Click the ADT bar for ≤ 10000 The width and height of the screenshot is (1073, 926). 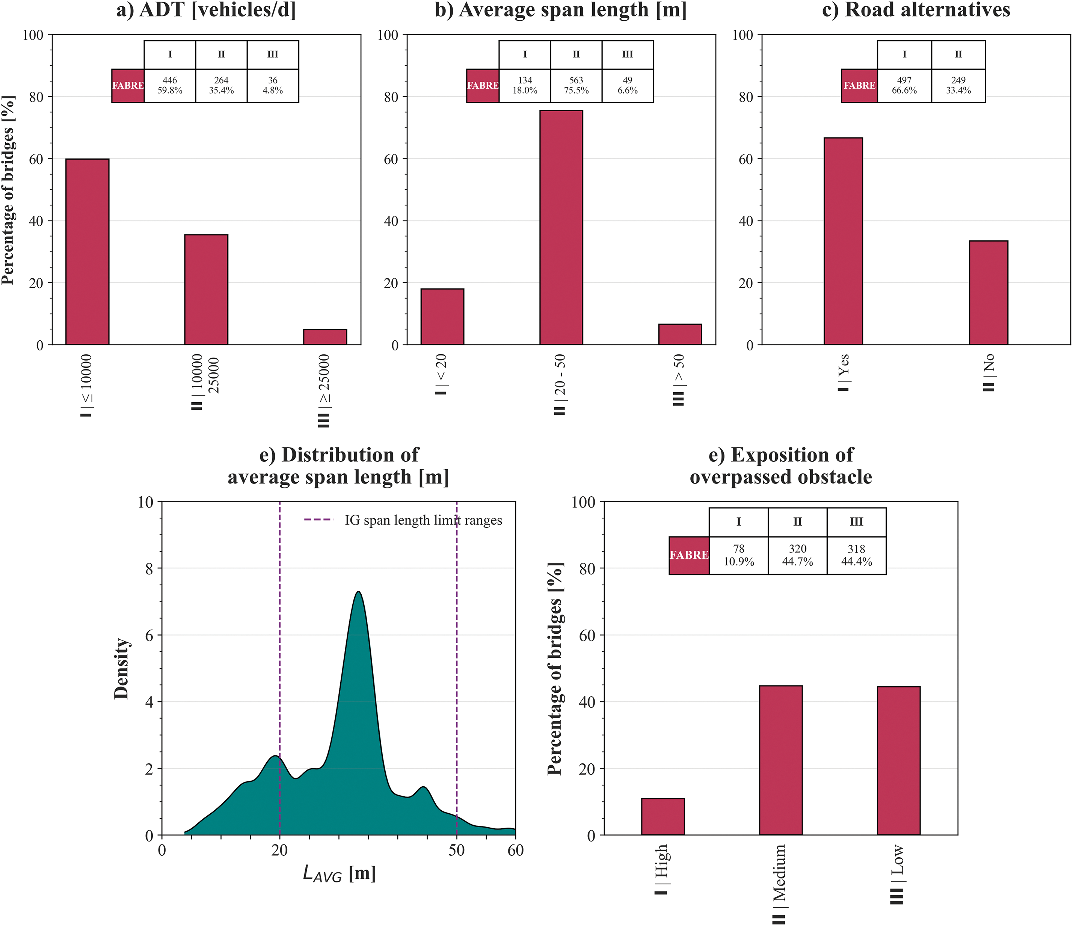pos(87,252)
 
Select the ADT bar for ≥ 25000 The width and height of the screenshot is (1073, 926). pos(325,337)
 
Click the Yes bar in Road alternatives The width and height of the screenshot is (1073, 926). pos(843,241)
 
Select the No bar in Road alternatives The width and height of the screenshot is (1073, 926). pos(988,293)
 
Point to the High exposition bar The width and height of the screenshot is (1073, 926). pos(663,816)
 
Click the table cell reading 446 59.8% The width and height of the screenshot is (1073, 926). pos(170,85)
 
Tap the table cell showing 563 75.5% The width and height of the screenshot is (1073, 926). pos(576,85)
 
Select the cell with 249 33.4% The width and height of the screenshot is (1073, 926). pos(958,85)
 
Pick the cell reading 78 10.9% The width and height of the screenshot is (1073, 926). pos(738,555)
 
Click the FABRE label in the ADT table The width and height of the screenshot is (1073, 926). pos(128,85)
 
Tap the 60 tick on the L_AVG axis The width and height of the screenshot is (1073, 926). pos(515,851)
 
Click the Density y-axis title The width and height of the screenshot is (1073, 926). pos(122,668)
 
